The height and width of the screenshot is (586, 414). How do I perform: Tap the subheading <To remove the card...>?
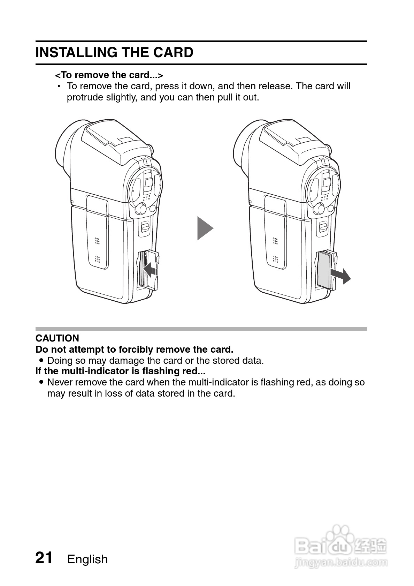point(109,75)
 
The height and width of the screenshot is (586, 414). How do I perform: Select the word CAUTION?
point(57,338)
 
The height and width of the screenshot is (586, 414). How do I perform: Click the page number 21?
point(44,558)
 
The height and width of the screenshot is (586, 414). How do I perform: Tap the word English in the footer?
point(87,559)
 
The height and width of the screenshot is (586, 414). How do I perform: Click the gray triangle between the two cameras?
point(205,228)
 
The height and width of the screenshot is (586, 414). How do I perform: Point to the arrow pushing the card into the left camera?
point(151,269)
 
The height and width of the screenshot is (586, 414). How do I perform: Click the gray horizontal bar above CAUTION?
point(201,329)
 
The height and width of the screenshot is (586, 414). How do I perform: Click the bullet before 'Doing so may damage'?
point(42,360)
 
